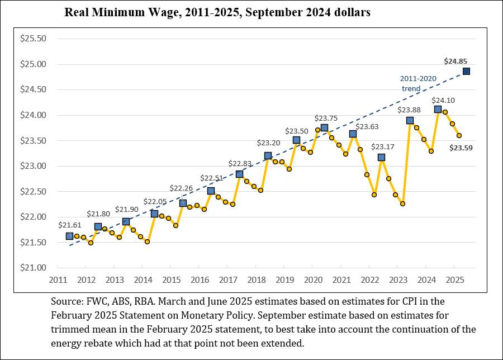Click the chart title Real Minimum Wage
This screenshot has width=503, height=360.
tap(217, 12)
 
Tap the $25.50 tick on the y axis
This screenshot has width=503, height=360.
tap(33, 39)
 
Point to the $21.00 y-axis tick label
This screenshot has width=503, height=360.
tap(33, 267)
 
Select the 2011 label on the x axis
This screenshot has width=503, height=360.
tap(58, 280)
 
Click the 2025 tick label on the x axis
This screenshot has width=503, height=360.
tap(455, 280)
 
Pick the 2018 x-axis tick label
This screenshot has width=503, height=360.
tap(256, 280)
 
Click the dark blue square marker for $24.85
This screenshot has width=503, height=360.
tap(466, 71)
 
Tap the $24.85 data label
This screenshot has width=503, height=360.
tap(455, 61)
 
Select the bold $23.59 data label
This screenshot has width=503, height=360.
tap(461, 148)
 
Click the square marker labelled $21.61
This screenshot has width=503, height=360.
tap(69, 236)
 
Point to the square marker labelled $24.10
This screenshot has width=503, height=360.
tap(438, 109)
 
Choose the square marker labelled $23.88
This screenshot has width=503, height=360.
tap(410, 120)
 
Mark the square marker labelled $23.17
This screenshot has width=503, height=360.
tap(381, 157)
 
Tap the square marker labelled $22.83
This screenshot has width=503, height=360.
tap(239, 174)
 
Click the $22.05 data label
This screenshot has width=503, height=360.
tap(154, 202)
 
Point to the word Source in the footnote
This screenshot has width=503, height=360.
tap(65, 301)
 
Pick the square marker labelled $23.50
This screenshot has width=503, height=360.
tap(296, 140)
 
